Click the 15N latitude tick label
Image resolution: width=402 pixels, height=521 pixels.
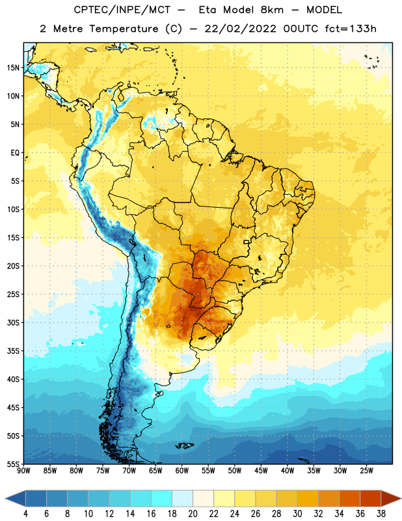point(13,68)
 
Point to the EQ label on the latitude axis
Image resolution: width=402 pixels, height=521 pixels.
point(15,153)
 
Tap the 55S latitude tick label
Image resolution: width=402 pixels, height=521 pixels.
point(13,464)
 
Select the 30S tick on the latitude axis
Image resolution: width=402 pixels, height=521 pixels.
point(13,322)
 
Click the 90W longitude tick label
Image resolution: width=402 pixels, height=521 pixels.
point(23,471)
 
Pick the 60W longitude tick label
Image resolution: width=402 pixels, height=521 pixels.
point(182,471)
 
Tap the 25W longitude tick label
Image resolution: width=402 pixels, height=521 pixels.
point(366,471)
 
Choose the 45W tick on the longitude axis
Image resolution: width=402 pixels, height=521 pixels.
point(261,471)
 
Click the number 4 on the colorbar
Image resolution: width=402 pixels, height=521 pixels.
point(25,514)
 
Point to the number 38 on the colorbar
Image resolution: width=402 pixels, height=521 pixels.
point(381,514)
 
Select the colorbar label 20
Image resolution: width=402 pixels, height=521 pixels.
point(193,514)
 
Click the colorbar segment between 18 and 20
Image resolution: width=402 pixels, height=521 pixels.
point(182,499)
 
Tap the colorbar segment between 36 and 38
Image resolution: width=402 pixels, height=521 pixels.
point(371,499)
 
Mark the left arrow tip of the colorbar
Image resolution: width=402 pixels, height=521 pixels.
point(5,499)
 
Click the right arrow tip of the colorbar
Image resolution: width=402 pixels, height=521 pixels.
point(401,499)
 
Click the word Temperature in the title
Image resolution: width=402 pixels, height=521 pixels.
point(124,29)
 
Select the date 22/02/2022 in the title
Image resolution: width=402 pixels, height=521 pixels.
point(240,29)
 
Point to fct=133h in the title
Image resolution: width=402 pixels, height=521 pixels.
point(351,29)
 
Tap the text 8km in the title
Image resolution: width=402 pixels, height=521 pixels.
point(272,10)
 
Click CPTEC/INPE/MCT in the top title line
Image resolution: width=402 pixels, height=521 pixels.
point(122,10)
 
